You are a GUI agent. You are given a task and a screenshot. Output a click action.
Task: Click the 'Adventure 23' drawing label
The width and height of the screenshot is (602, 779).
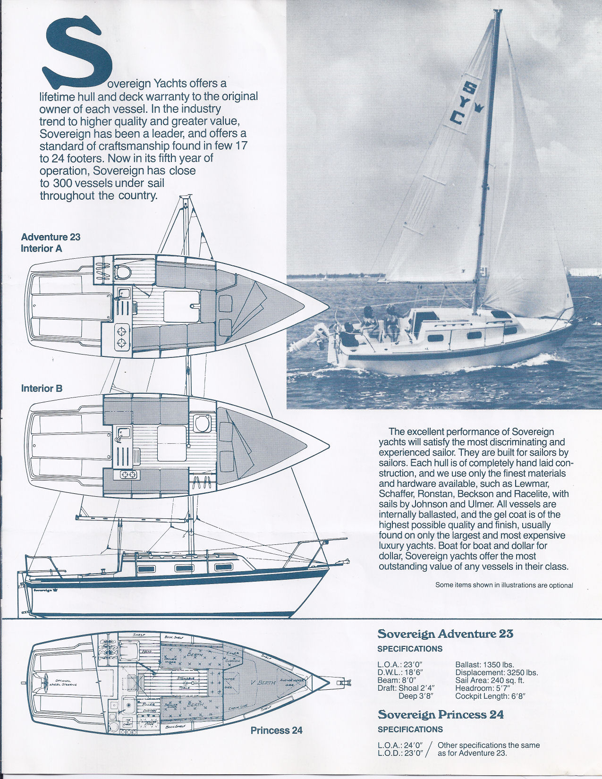point(51,237)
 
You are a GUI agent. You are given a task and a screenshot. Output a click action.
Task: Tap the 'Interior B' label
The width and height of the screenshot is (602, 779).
point(42,388)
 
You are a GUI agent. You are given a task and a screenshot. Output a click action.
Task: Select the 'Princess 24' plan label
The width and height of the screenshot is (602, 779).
point(276,730)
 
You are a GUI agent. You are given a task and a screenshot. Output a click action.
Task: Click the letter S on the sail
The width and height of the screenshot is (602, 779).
point(470,88)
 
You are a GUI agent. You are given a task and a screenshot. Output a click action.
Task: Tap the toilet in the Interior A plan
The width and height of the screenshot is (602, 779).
point(123,272)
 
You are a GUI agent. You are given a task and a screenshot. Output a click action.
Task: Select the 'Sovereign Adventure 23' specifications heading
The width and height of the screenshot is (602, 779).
point(445,634)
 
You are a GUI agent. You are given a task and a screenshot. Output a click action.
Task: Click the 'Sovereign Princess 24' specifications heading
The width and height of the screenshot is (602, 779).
point(440,714)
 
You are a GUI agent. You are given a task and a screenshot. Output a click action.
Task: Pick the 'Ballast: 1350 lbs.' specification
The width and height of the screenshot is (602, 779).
point(484,665)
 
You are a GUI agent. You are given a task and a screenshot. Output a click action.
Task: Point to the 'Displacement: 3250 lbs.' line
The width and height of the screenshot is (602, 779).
point(496,673)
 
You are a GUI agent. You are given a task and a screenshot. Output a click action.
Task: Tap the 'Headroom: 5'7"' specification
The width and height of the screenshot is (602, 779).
point(483,688)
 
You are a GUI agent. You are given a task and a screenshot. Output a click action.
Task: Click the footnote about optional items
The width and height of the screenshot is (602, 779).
point(504,585)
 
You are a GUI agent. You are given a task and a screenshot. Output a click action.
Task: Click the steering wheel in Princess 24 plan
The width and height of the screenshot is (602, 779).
point(47,680)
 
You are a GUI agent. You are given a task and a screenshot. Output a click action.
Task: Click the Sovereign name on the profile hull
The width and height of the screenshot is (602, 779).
point(42,590)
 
